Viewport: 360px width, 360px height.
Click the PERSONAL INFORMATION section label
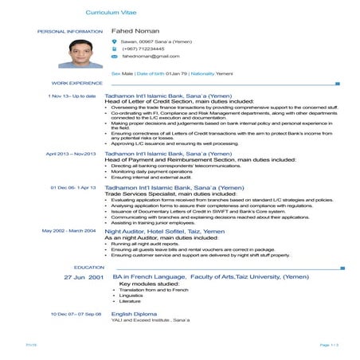click(x=70, y=31)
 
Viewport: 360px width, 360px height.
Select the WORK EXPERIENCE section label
click(x=77, y=83)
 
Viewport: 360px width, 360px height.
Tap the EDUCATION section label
click(x=89, y=267)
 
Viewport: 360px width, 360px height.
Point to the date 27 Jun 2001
click(x=84, y=276)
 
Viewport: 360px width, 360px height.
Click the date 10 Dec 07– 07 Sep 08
click(x=76, y=314)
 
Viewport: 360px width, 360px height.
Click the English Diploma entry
click(x=135, y=314)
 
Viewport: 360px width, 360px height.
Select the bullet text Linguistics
click(x=132, y=295)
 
